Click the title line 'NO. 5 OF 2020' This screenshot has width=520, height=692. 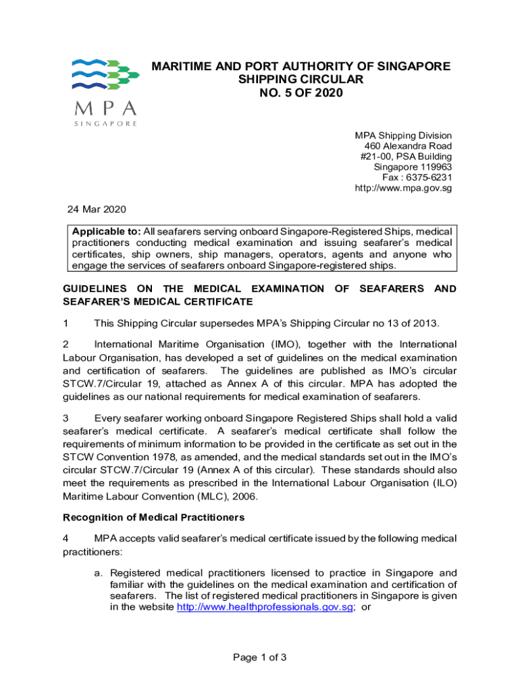(x=301, y=93)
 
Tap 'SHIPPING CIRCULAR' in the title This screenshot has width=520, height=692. (x=301, y=80)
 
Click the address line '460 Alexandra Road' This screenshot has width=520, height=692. (x=408, y=146)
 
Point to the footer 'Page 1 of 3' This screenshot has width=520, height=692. (x=260, y=657)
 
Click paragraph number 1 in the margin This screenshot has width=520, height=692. (x=66, y=323)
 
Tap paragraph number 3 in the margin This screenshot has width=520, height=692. (x=66, y=418)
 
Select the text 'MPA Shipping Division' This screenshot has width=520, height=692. (x=403, y=136)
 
